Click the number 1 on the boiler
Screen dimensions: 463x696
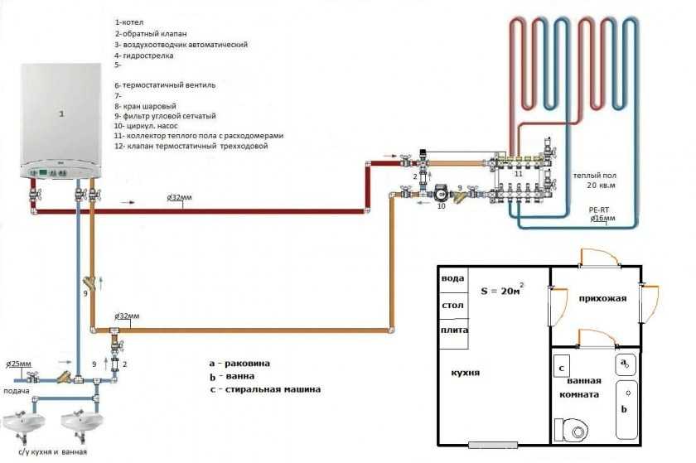pyautogui.click(x=60, y=110)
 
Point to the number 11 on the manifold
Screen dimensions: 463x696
pyautogui.click(x=519, y=175)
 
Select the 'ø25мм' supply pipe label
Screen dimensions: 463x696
pyautogui.click(x=21, y=363)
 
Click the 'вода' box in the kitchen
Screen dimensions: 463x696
pyautogui.click(x=452, y=278)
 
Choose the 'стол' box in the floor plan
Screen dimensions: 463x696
pyautogui.click(x=452, y=305)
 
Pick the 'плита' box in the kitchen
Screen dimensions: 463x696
pyautogui.click(x=452, y=330)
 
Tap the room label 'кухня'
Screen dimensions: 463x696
pyautogui.click(x=466, y=374)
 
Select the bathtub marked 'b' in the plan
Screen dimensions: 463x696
pyautogui.click(x=624, y=409)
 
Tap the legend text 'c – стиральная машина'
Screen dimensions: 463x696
pyautogui.click(x=264, y=388)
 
